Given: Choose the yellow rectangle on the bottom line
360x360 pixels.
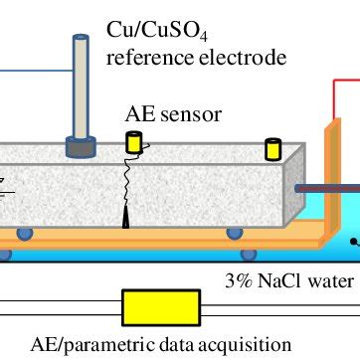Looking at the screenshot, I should click(x=151, y=308).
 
